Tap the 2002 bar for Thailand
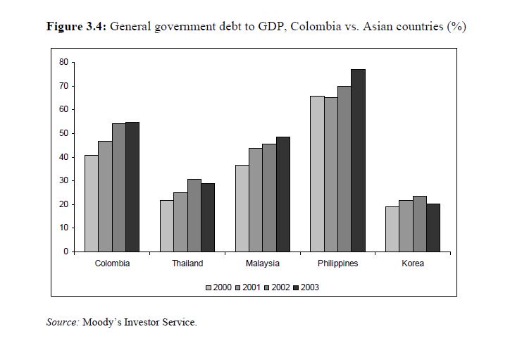click(x=194, y=215)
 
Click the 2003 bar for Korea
click(x=433, y=228)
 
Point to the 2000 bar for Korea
click(x=392, y=229)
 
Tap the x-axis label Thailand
click(x=187, y=263)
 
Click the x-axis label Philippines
click(x=338, y=263)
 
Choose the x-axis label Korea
click(x=414, y=263)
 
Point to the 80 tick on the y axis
click(x=63, y=62)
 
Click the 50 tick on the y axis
click(x=63, y=133)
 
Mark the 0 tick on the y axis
click(x=66, y=252)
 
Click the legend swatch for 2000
click(x=209, y=287)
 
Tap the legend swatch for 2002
click(x=266, y=287)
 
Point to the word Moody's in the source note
click(x=104, y=322)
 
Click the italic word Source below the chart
click(x=62, y=322)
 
